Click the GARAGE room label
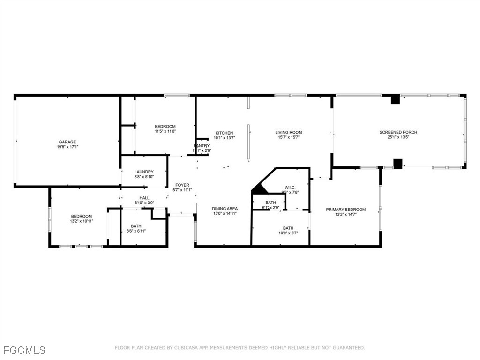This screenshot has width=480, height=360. (x=67, y=142)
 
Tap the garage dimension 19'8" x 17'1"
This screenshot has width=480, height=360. (x=67, y=147)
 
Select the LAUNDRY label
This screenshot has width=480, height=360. (x=143, y=172)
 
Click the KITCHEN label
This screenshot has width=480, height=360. (x=224, y=133)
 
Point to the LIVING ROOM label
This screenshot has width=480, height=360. (x=288, y=132)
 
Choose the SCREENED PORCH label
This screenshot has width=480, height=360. (x=398, y=132)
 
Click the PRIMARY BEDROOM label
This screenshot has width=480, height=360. (x=346, y=210)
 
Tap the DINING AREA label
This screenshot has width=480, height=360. (x=225, y=209)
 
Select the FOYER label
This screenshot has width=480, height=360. (x=182, y=185)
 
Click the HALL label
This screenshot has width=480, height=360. (x=144, y=198)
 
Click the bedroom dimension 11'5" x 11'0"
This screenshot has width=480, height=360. (x=165, y=132)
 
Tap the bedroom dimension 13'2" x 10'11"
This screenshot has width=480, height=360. (x=81, y=221)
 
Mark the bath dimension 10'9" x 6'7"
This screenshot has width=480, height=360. (x=288, y=233)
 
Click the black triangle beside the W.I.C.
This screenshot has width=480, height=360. (x=259, y=189)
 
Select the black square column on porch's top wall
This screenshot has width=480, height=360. (x=395, y=99)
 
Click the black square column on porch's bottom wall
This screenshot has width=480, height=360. (x=397, y=164)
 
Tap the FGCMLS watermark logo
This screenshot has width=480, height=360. (x=24, y=350)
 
